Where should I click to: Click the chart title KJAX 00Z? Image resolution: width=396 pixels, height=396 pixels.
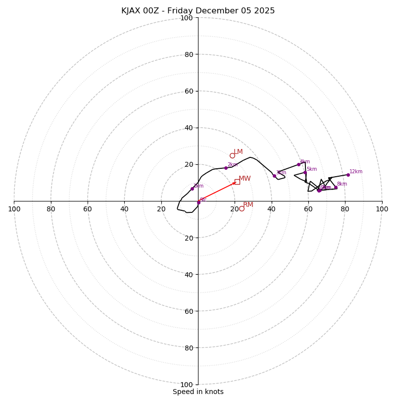point(198,11)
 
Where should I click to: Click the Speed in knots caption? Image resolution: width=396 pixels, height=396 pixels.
point(198,392)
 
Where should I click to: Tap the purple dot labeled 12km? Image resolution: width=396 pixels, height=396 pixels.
point(348,175)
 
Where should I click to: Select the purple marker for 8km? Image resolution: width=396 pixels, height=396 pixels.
point(336,187)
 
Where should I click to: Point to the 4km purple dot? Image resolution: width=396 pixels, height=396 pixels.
point(298,164)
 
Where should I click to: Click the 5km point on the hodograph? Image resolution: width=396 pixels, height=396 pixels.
point(305,173)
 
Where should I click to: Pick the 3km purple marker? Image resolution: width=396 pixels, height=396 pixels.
point(274,176)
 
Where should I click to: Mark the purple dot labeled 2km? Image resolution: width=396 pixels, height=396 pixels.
point(226,168)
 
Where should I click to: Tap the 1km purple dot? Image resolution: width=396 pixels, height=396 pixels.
point(192,189)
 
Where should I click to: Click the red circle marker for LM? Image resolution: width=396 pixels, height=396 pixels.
point(232,155)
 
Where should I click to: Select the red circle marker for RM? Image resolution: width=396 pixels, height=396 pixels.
point(242,208)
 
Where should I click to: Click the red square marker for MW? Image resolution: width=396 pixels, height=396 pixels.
point(237,182)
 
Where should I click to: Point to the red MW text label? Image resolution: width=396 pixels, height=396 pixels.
point(245,179)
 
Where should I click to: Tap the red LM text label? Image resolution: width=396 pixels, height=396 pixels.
point(238,152)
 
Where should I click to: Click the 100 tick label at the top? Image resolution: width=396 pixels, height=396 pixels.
point(186,18)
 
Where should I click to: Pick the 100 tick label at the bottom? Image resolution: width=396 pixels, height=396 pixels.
point(186,385)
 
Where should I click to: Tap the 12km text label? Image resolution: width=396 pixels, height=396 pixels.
point(356,172)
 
